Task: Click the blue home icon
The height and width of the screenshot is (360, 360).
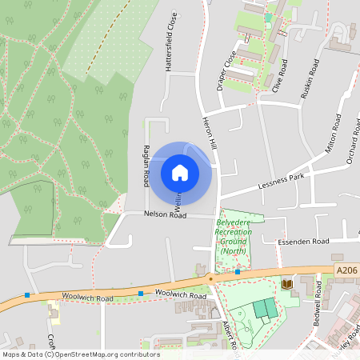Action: pos(180,172)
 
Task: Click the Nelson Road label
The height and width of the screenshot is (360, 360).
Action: pos(165,214)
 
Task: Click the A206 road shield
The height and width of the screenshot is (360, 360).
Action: pos(346,271)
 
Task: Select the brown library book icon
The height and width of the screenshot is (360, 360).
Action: pos(286,283)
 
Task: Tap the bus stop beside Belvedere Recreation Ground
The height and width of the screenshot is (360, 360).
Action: pos(238,272)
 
